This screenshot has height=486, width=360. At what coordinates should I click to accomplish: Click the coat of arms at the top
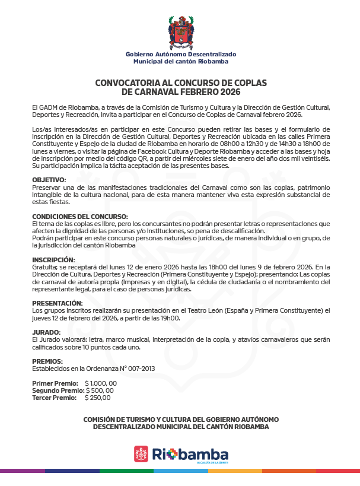(x=180, y=32)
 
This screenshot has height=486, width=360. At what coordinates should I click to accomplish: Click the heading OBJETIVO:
(x=49, y=179)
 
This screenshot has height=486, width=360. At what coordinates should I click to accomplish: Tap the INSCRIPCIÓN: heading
(x=53, y=260)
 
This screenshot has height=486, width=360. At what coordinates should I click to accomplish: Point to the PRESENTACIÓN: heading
(x=57, y=303)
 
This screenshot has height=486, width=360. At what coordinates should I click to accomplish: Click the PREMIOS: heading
(x=47, y=361)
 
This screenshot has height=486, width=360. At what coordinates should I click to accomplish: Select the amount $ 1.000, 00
(x=101, y=383)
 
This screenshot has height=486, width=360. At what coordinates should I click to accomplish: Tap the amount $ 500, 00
(x=100, y=390)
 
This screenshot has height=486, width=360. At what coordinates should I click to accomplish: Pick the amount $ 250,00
(x=98, y=398)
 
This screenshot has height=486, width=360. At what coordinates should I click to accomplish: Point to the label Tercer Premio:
(x=54, y=398)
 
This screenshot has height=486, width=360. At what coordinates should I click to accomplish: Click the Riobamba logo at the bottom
(x=180, y=455)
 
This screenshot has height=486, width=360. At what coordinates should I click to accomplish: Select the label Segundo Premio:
(x=58, y=390)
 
